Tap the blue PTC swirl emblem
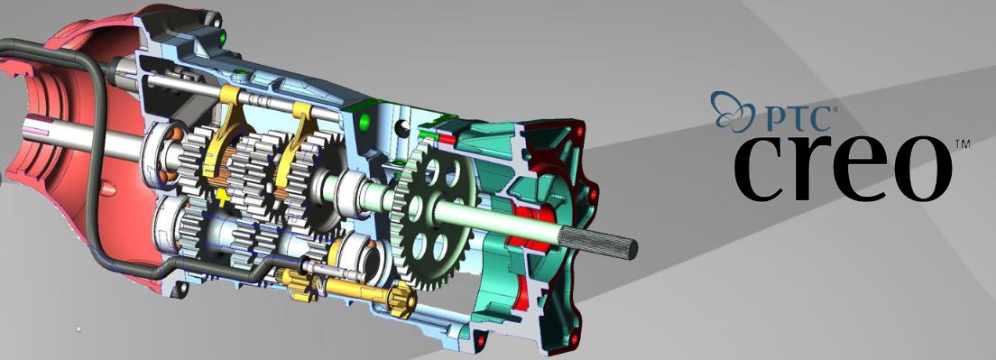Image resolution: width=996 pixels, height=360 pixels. click(731, 111)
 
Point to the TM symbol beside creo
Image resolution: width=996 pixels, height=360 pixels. click(962, 145)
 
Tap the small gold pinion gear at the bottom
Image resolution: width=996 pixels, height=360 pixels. click(402, 299)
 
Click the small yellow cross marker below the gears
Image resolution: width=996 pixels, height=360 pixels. click(222, 197)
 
